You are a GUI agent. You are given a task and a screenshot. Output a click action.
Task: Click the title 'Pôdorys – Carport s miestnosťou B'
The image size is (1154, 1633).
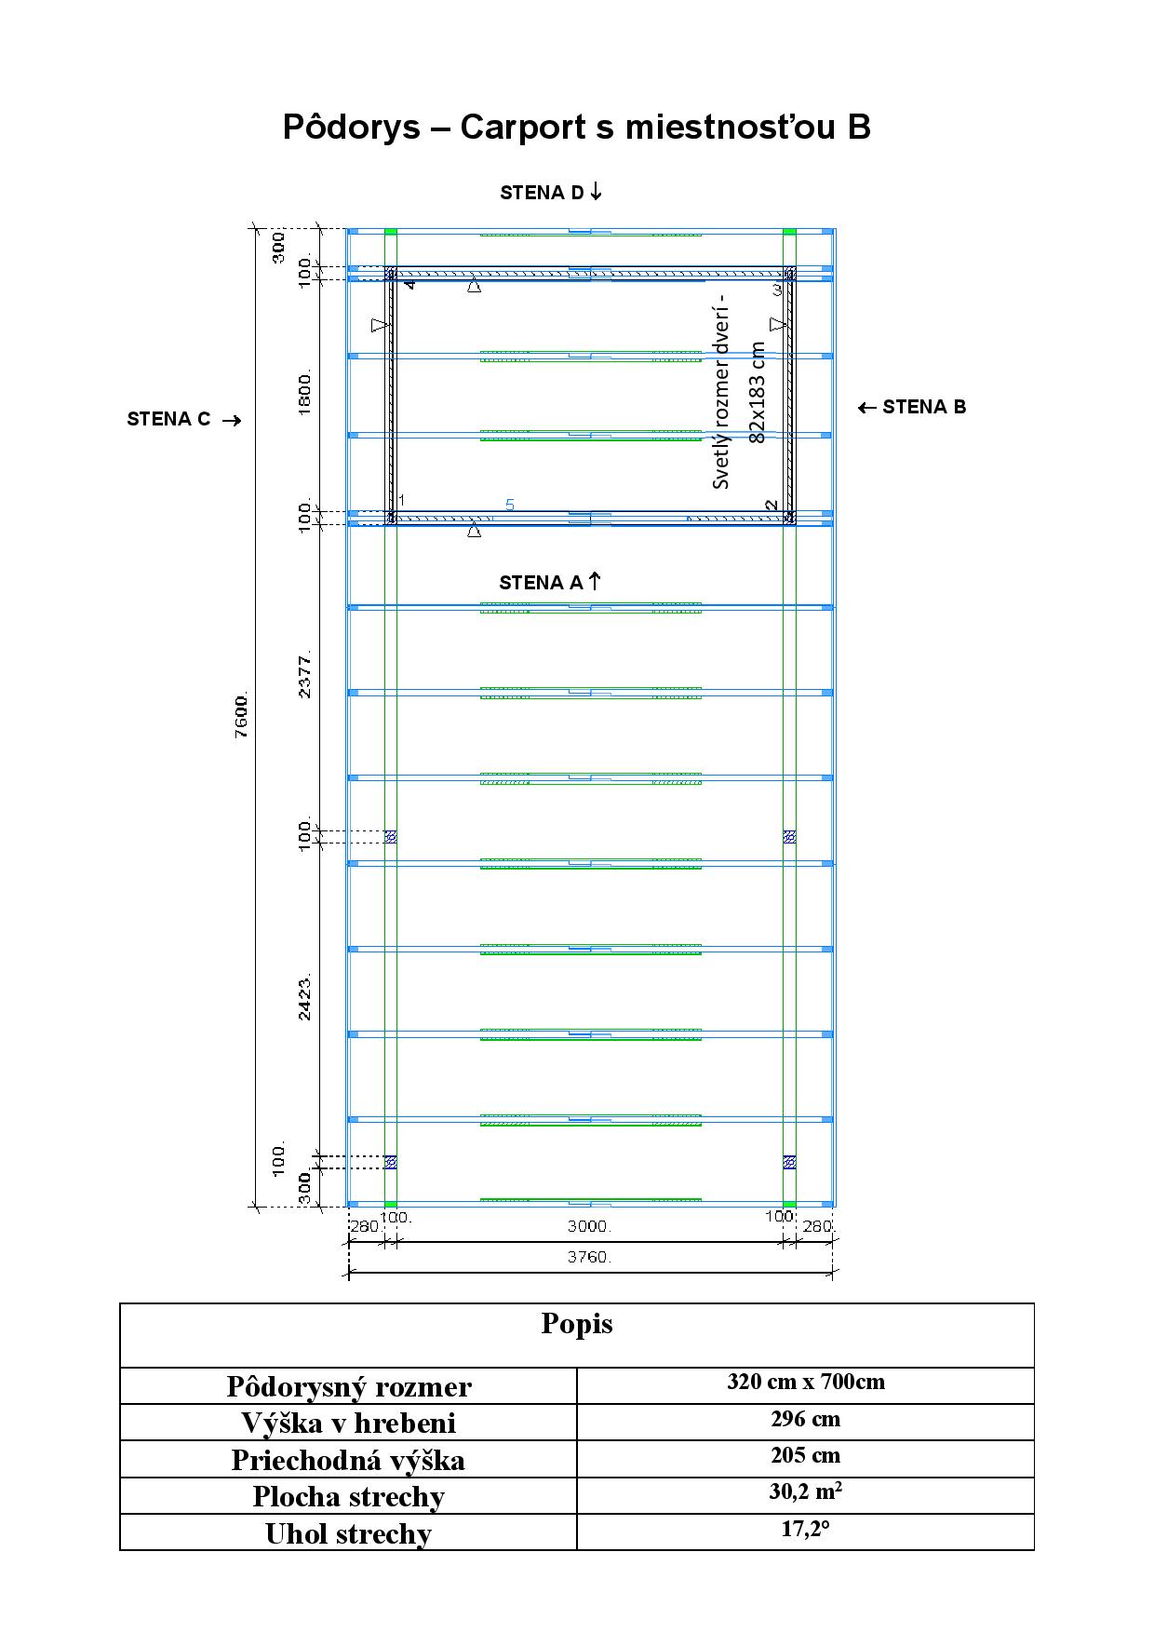pyautogui.click(x=576, y=127)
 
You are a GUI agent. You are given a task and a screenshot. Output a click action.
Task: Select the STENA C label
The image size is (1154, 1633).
pyautogui.click(x=184, y=419)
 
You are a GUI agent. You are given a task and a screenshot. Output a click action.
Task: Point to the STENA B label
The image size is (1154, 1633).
pyautogui.click(x=912, y=407)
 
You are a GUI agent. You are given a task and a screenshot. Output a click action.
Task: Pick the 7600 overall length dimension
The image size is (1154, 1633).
pyautogui.click(x=242, y=715)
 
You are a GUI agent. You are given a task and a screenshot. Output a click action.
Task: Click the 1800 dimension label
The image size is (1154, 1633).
pyautogui.click(x=305, y=393)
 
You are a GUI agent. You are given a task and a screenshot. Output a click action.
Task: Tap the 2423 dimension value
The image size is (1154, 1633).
pyautogui.click(x=305, y=998)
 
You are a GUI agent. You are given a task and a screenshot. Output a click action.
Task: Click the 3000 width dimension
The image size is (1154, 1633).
pyautogui.click(x=589, y=1227)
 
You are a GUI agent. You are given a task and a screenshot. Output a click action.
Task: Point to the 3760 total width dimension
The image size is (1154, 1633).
pyautogui.click(x=589, y=1257)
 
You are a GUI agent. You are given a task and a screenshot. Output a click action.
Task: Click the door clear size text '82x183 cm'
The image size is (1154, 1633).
pyautogui.click(x=757, y=392)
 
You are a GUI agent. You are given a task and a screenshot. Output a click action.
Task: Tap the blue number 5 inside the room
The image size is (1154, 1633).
pyautogui.click(x=510, y=505)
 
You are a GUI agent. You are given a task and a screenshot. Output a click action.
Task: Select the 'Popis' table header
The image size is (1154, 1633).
pyautogui.click(x=577, y=1324)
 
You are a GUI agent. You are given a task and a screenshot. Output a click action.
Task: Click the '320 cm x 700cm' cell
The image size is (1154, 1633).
pyautogui.click(x=806, y=1382)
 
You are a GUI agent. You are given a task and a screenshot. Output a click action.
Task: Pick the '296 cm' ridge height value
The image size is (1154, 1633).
pyautogui.click(x=806, y=1419)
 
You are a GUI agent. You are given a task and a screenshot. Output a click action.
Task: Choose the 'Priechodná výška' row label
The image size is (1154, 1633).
pyautogui.click(x=348, y=1459)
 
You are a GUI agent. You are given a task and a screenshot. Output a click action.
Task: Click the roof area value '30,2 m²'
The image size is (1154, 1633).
pyautogui.click(x=806, y=1491)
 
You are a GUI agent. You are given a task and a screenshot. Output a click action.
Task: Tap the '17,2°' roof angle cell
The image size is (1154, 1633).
pyautogui.click(x=806, y=1529)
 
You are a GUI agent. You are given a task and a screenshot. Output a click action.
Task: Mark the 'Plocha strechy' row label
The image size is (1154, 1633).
pyautogui.click(x=348, y=1496)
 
